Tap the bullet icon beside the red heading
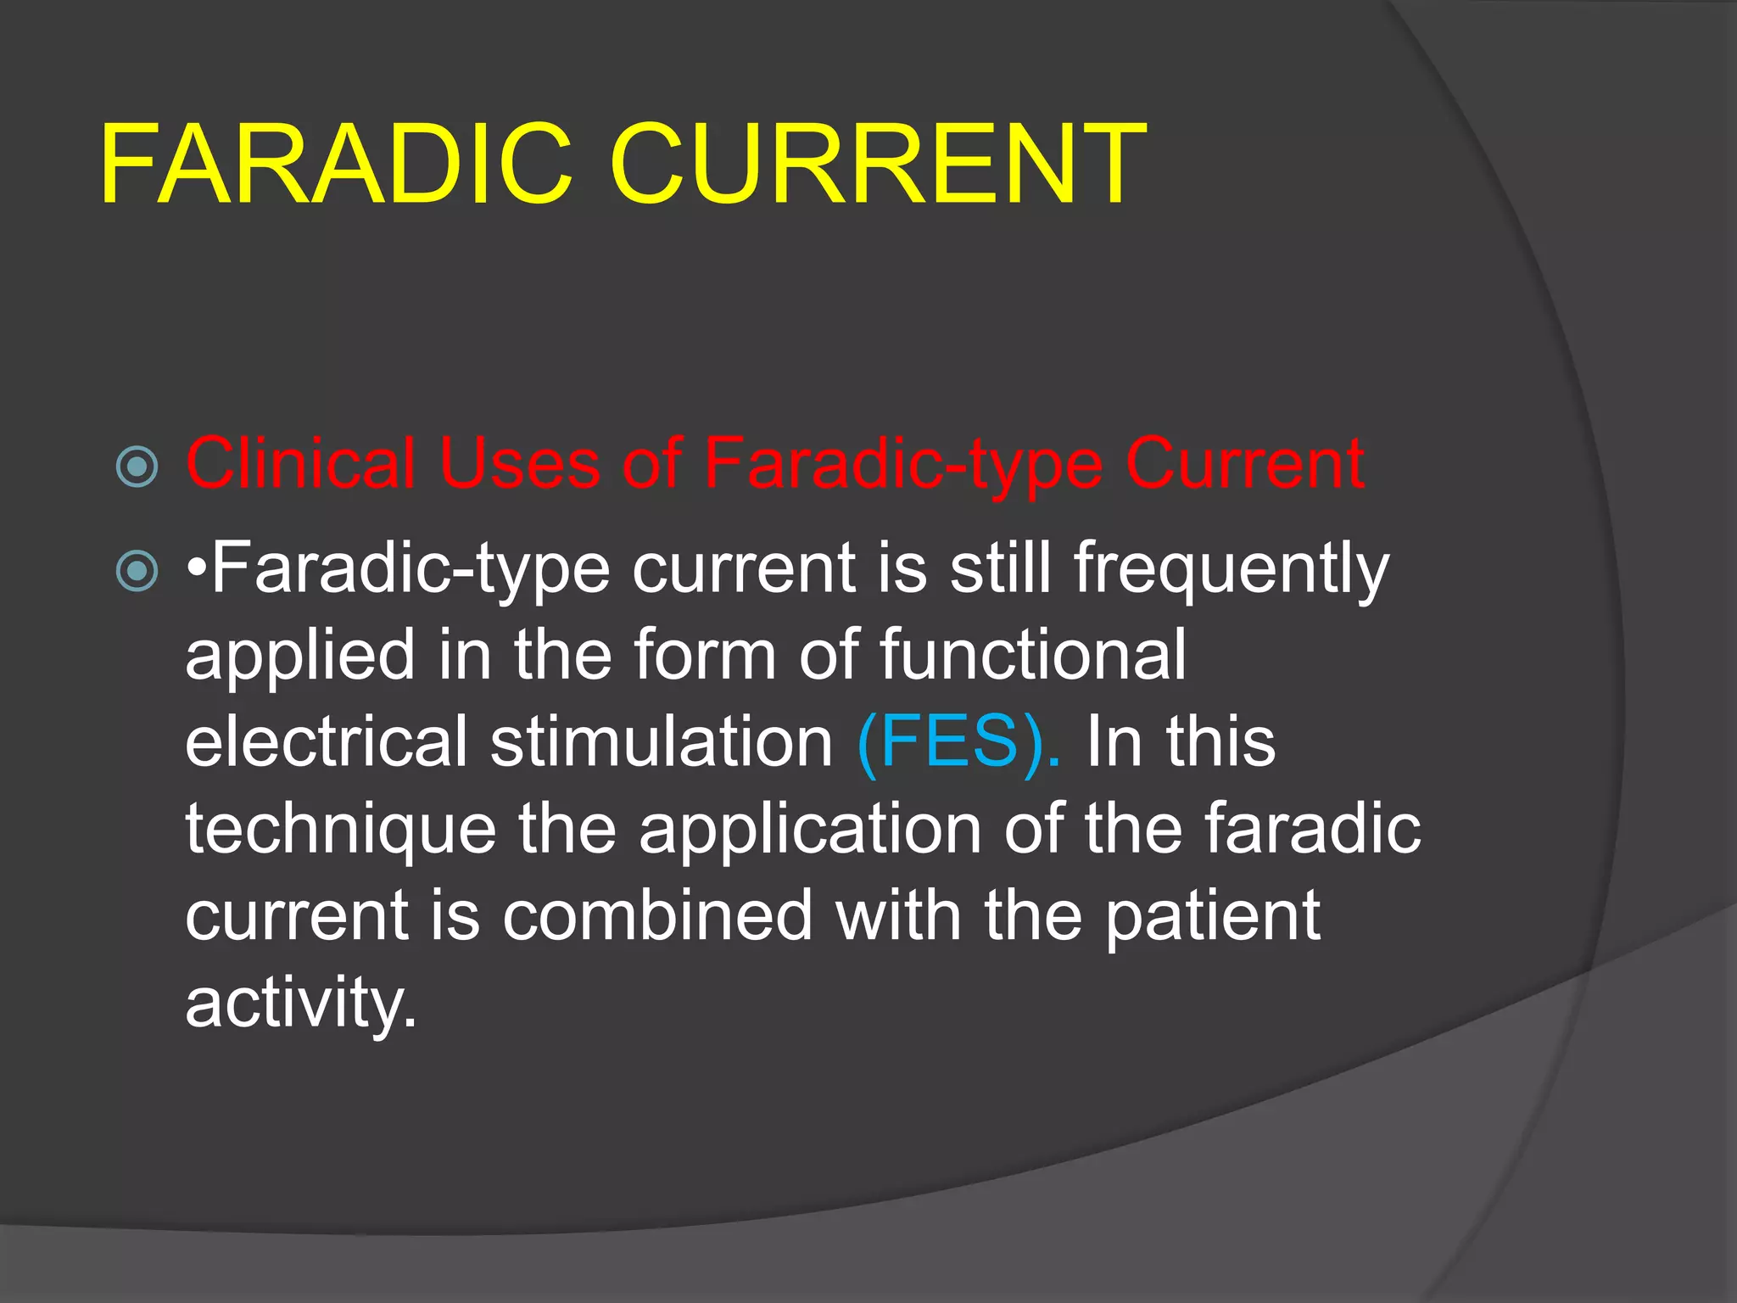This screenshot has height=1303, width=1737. tap(137, 466)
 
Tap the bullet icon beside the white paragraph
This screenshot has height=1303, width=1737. tap(137, 570)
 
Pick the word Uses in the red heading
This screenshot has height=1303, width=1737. tap(519, 463)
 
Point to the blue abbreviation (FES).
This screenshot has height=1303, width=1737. tap(958, 741)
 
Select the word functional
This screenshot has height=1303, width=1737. tap(1033, 654)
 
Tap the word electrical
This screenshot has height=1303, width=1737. tap(327, 741)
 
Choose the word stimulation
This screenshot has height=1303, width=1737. tap(662, 741)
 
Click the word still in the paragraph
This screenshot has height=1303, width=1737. tap(1001, 568)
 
